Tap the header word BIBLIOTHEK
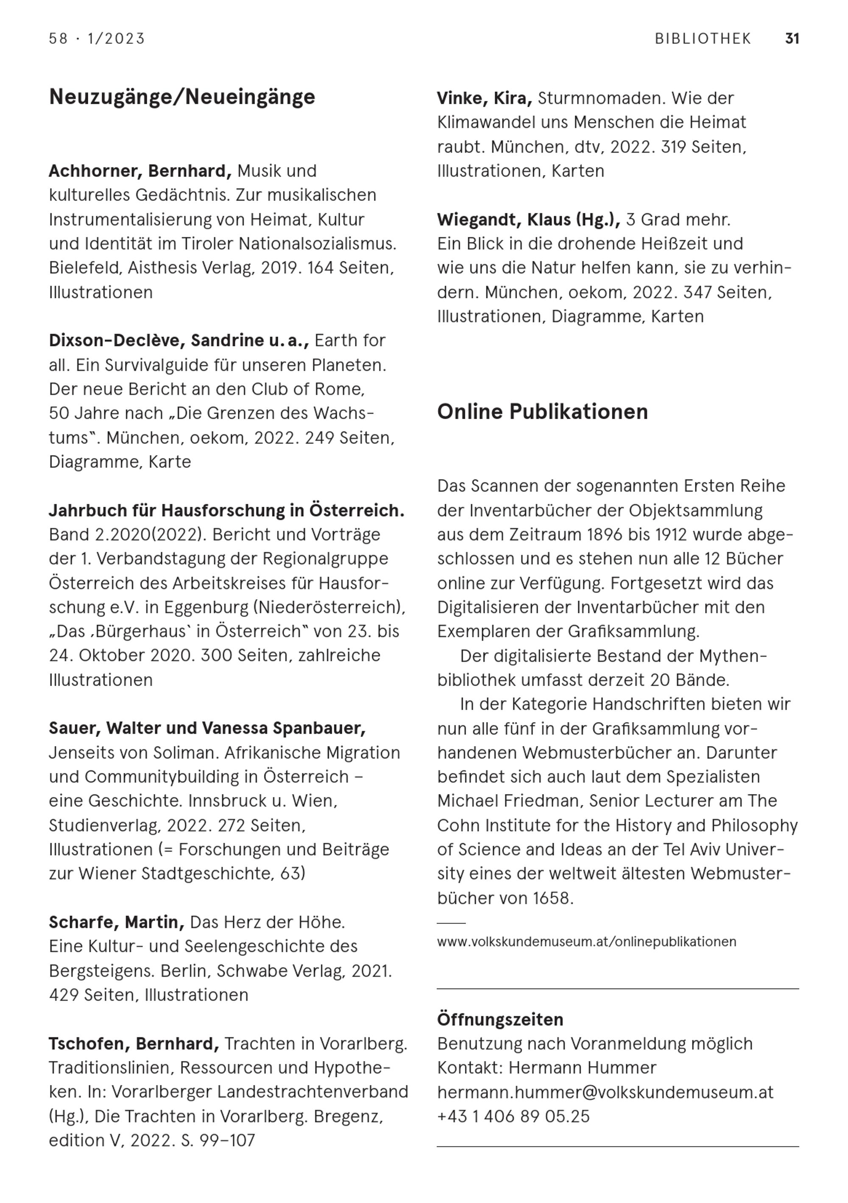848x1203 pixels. [x=703, y=39]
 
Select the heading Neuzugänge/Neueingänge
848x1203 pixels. [x=182, y=97]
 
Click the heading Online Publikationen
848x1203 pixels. [x=542, y=411]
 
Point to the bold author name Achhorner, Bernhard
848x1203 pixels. [x=140, y=171]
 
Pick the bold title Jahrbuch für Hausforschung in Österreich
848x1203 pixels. [x=226, y=510]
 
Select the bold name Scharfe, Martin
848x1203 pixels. [x=117, y=922]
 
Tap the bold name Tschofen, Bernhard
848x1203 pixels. [x=134, y=1043]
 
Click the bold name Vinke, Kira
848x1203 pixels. [x=485, y=98]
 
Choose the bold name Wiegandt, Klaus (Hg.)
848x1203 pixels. [x=528, y=219]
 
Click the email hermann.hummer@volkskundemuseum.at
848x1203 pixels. [x=605, y=1092]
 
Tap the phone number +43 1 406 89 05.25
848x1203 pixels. [x=513, y=1116]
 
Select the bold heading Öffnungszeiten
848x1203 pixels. [x=500, y=1019]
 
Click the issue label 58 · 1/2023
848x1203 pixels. [x=97, y=39]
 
